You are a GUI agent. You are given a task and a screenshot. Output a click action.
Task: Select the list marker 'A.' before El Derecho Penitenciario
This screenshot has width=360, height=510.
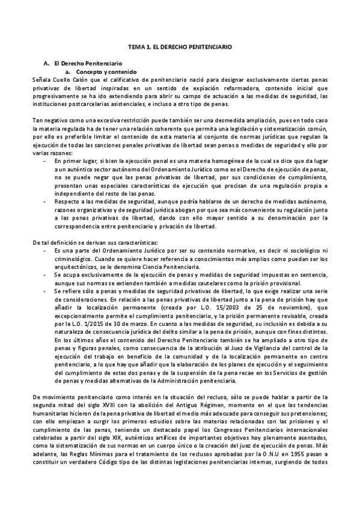coord(47,63)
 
